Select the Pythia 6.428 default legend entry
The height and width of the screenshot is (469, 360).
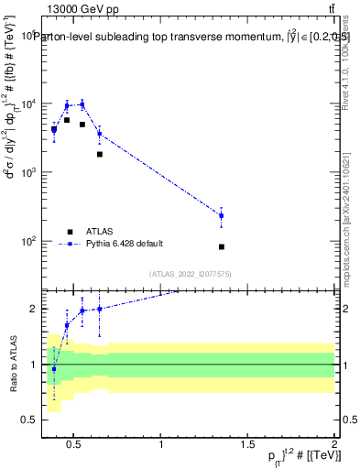point(125,244)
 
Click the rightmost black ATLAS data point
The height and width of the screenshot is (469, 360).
point(222,247)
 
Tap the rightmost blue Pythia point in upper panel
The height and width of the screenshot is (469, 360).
point(222,215)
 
